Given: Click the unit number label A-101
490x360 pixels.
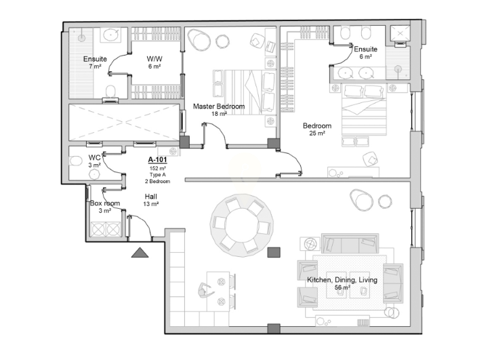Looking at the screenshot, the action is click(x=157, y=160).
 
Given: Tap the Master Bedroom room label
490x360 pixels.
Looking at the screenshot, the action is click(x=219, y=106).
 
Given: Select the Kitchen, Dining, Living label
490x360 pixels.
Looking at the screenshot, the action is click(x=342, y=280).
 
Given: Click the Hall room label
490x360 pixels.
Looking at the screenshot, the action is click(x=151, y=197).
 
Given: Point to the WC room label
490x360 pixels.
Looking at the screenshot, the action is click(x=94, y=157).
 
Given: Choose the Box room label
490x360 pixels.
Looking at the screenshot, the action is click(x=105, y=203).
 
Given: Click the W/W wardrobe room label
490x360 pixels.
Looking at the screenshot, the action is click(x=155, y=59).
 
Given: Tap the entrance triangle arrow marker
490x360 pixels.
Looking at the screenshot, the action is click(x=140, y=252).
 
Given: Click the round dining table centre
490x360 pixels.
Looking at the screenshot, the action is click(x=241, y=225).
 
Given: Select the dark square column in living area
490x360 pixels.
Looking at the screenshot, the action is click(x=274, y=252).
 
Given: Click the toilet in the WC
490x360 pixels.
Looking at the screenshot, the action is click(x=76, y=161).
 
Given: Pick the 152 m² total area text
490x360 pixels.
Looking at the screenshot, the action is click(x=157, y=168).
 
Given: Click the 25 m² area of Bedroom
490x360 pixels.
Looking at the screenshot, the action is click(x=317, y=134).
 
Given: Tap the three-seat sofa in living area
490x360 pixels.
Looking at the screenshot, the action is click(x=350, y=243).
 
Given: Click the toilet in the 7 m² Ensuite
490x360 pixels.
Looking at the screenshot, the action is click(x=110, y=92).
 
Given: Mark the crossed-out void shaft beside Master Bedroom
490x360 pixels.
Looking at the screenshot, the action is click(x=125, y=123).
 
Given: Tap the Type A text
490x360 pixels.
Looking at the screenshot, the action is click(x=157, y=175).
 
